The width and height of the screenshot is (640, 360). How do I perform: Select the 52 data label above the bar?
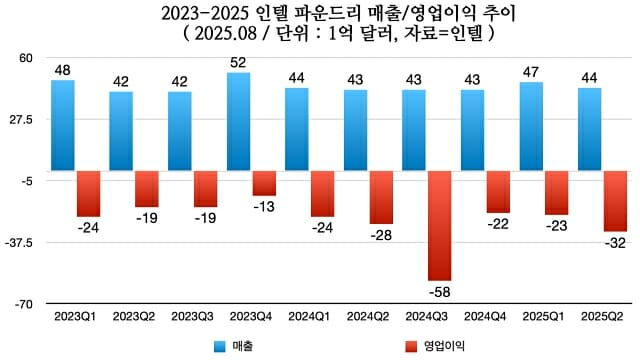239,62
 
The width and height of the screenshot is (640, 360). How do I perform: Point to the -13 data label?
265,206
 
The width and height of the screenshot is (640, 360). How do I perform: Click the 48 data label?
62,70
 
